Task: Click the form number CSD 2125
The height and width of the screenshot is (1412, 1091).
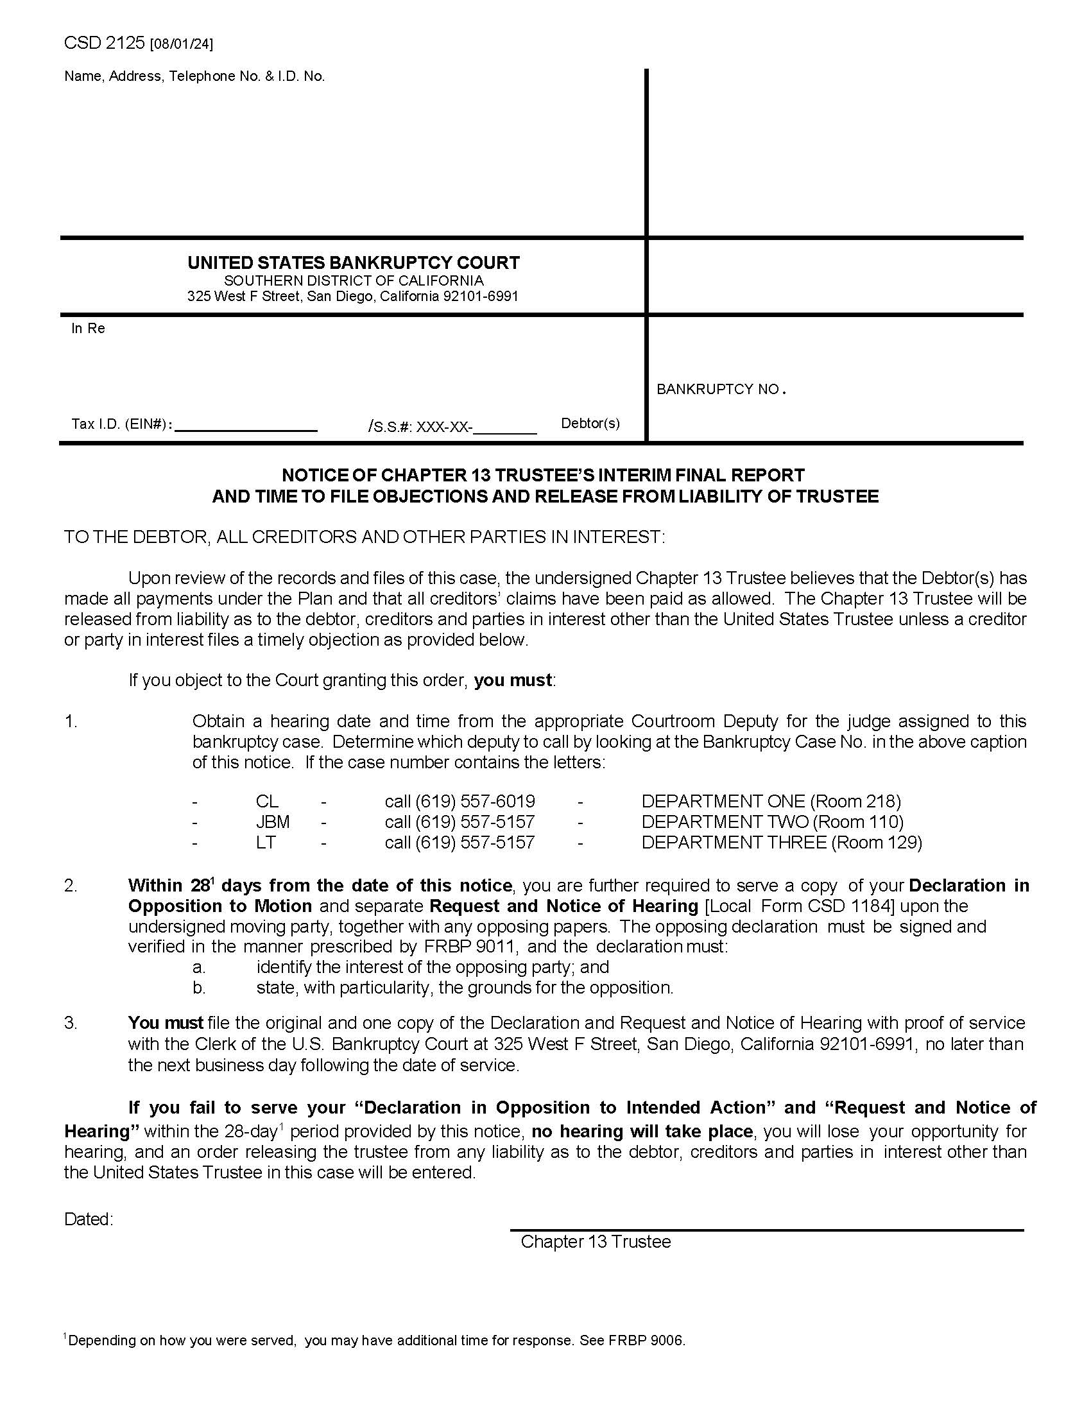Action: pyautogui.click(x=105, y=43)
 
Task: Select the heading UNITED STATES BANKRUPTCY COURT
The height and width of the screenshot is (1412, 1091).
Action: pyautogui.click(x=353, y=263)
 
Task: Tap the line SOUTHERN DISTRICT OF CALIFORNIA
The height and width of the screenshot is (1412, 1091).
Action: pyautogui.click(x=353, y=280)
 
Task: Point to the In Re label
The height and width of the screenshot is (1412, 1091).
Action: pyautogui.click(x=88, y=329)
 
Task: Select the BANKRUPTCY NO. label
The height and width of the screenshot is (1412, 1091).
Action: pyautogui.click(x=720, y=389)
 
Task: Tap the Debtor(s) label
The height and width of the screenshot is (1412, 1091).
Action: pyautogui.click(x=589, y=424)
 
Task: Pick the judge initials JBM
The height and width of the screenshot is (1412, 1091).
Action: pyautogui.click(x=272, y=822)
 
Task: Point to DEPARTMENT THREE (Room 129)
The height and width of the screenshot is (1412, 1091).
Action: pyautogui.click(x=782, y=843)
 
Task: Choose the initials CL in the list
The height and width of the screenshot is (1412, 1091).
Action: pyautogui.click(x=266, y=802)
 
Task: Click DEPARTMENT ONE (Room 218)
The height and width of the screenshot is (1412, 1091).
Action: pyautogui.click(x=770, y=802)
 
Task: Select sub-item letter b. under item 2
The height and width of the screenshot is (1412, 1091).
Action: pyautogui.click(x=198, y=988)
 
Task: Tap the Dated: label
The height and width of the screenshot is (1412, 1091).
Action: pyautogui.click(x=89, y=1219)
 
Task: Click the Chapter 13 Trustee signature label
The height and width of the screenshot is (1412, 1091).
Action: pyautogui.click(x=596, y=1242)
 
